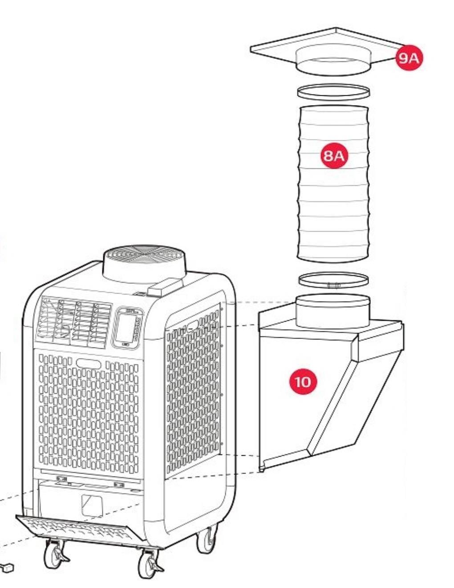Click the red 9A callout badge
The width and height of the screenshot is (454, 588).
tap(409, 58)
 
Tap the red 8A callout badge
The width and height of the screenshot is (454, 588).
tap(334, 155)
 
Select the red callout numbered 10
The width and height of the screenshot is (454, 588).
tap(303, 382)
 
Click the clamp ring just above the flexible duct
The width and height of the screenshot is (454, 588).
tap(333, 92)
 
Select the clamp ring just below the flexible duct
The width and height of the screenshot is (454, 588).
tap(333, 280)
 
